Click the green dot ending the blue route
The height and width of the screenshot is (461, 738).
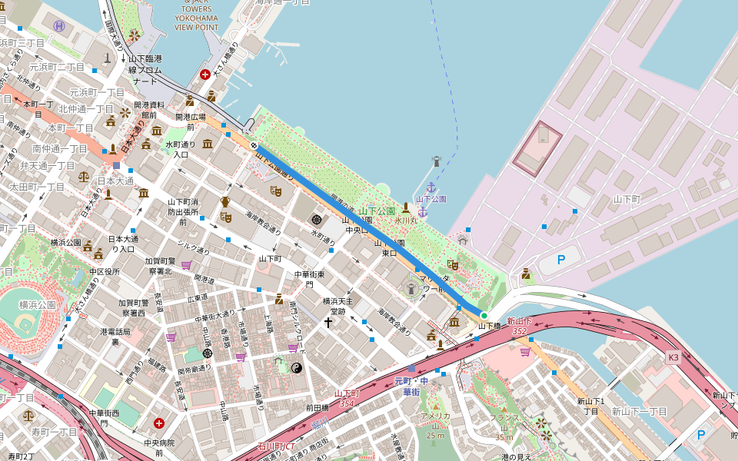click(484, 316)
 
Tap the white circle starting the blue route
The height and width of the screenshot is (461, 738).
click(253, 144)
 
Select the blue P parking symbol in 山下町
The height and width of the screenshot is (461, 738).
click(560, 260)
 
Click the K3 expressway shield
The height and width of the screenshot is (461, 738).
click(673, 357)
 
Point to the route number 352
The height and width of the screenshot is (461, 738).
click(519, 331)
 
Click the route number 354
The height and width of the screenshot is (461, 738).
click(347, 403)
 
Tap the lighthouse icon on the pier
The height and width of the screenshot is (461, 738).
click(436, 161)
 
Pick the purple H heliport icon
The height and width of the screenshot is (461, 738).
click(59, 25)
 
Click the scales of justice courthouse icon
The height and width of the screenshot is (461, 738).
click(83, 175)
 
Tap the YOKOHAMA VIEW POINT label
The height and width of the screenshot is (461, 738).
click(196, 18)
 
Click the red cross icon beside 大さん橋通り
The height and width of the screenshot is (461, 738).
click(205, 75)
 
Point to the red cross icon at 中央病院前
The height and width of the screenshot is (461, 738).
click(159, 423)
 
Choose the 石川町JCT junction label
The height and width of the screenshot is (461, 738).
click(276, 446)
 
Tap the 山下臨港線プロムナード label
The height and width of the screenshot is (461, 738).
click(145, 69)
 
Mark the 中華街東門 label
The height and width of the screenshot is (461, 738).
click(309, 279)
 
